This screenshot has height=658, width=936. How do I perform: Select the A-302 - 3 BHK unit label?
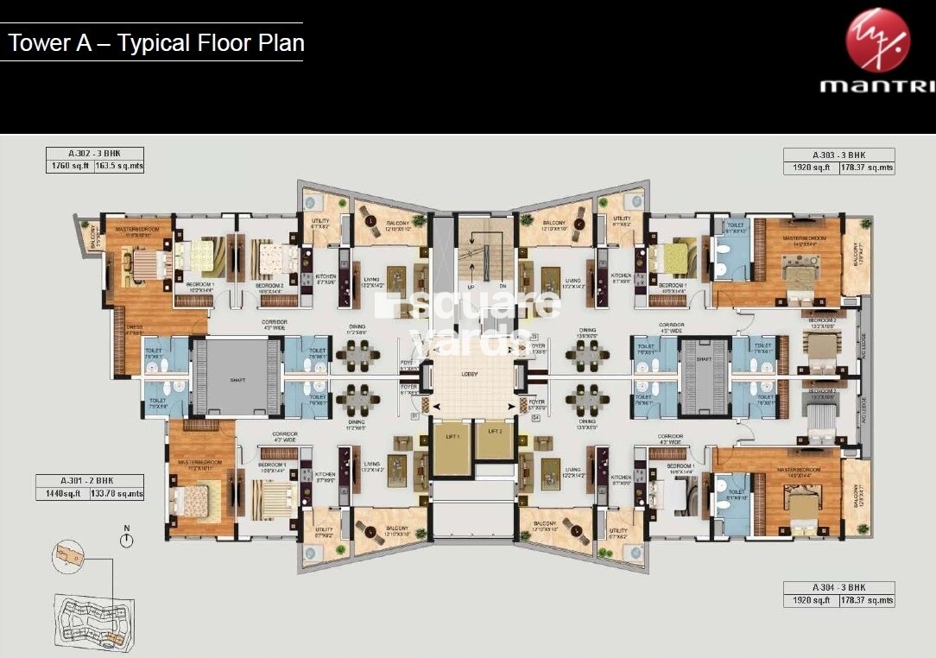tap(96, 154)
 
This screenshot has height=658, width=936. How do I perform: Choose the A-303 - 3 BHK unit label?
tap(838, 154)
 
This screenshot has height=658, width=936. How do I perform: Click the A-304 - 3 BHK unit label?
tap(838, 588)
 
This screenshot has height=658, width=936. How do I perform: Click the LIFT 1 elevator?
tap(451, 449)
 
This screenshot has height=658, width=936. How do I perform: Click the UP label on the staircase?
tap(471, 286)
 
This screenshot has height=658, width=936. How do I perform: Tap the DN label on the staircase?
tap(502, 286)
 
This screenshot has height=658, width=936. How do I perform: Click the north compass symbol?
tap(128, 540)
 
